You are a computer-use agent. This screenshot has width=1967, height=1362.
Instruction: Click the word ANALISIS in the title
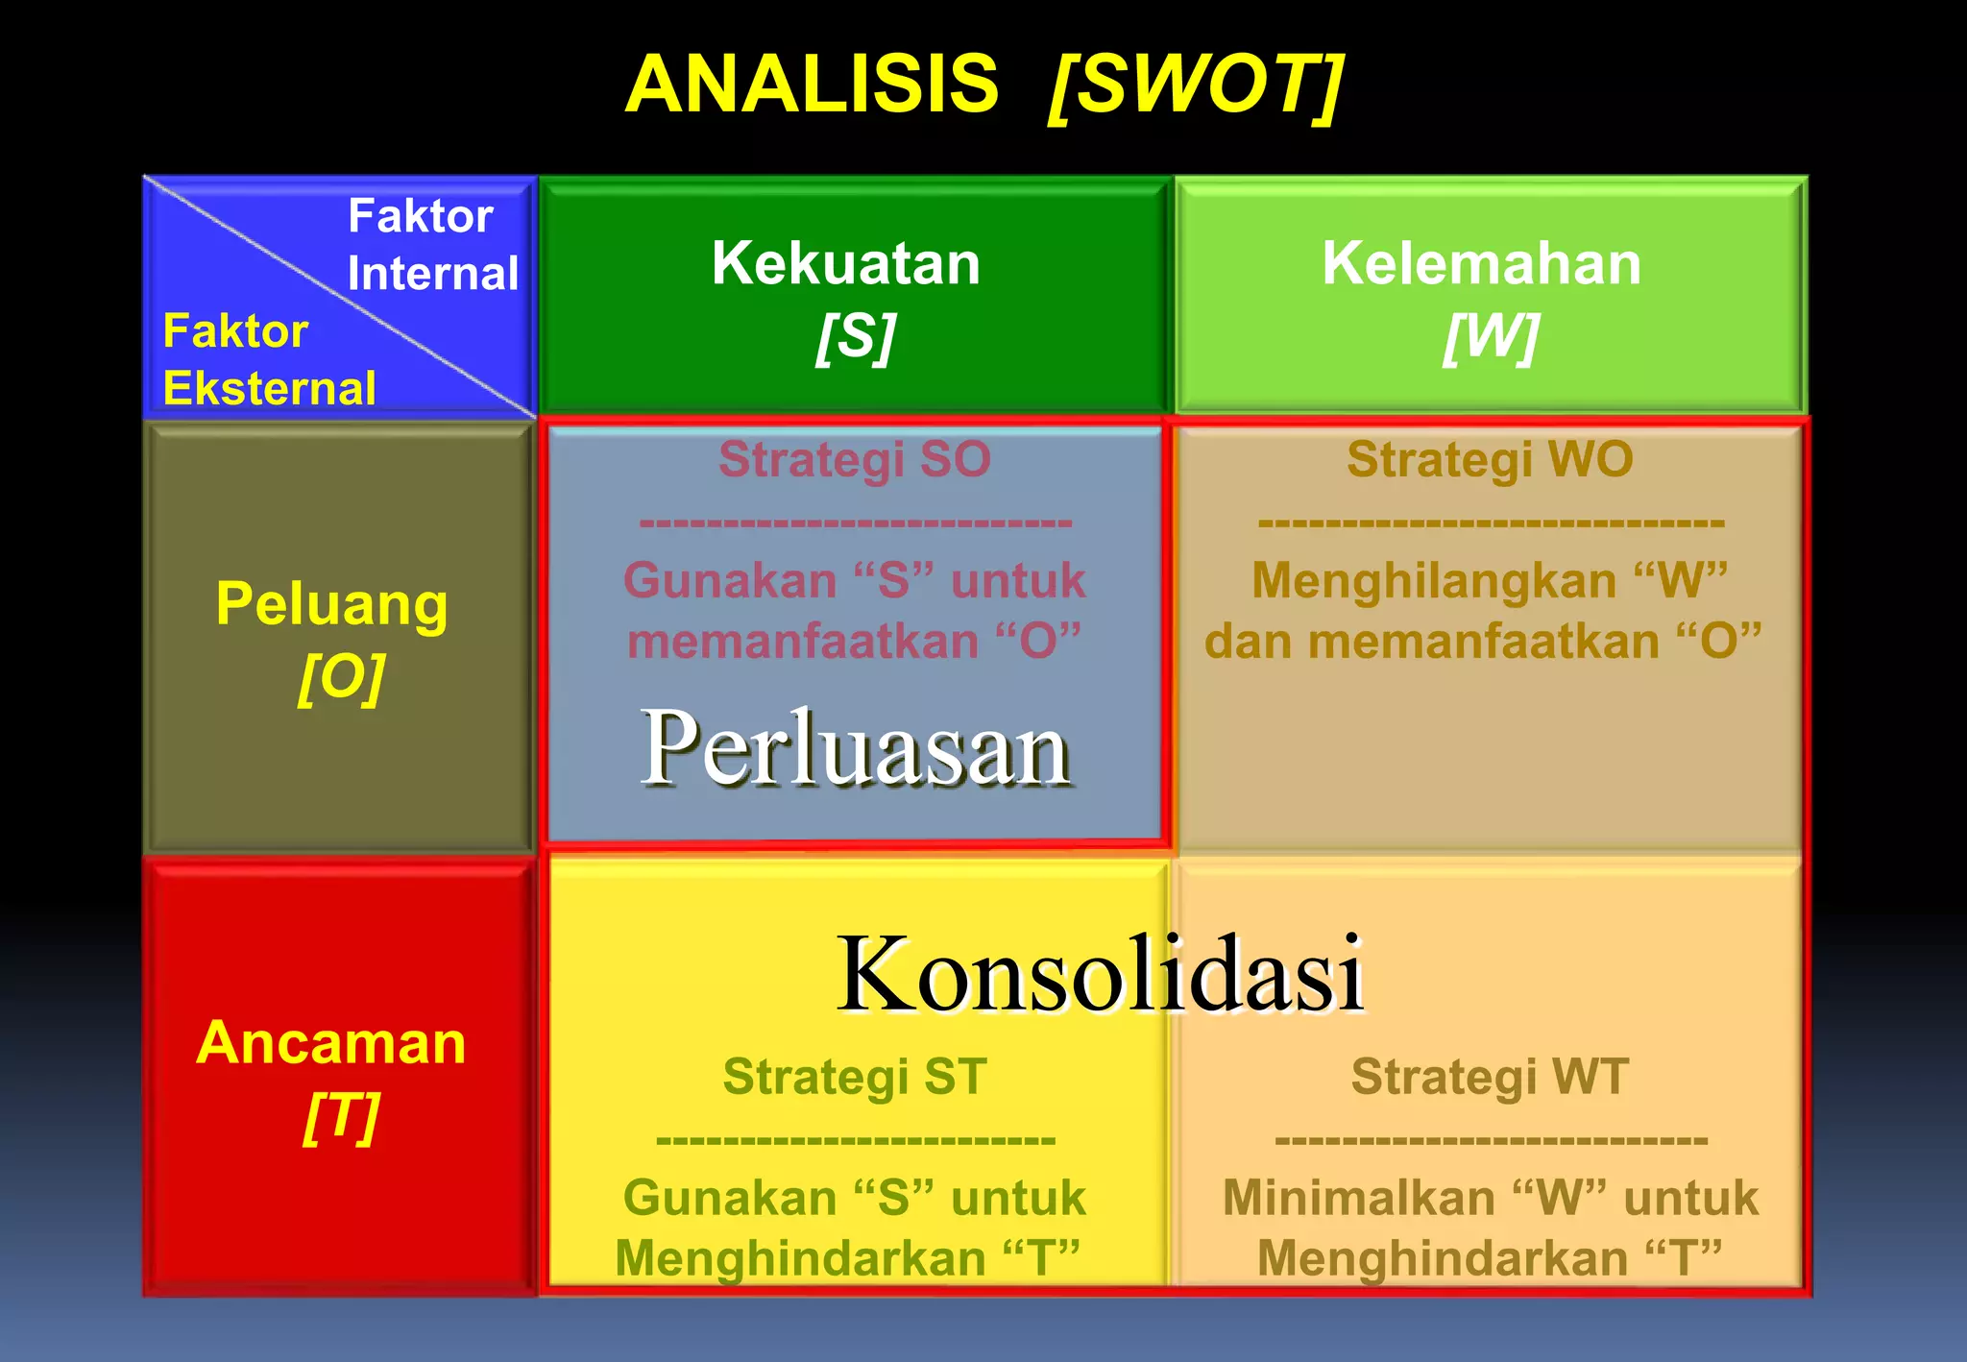pos(812,85)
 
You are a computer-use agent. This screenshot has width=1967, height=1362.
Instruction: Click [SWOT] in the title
pos(1196,86)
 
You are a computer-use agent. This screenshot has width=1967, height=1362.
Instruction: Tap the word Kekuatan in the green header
pos(846,263)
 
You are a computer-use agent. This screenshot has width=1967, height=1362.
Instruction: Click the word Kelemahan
pos(1481,263)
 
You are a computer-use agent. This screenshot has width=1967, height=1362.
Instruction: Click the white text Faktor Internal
pos(432,244)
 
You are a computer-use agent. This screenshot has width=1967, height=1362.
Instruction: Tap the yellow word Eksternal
pos(270,389)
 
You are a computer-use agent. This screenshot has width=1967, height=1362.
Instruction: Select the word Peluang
pos(331,605)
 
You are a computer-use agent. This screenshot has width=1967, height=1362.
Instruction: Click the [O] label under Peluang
pos(341,678)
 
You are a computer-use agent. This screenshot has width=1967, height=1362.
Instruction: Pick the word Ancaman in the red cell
pos(331,1043)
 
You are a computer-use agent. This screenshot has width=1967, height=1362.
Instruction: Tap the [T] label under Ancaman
pos(341,1117)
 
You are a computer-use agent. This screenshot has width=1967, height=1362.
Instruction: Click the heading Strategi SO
pos(854,459)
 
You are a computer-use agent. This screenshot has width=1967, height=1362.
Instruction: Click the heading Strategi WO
pos(1490,459)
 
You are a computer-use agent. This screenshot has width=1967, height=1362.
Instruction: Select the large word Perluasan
pos(855,749)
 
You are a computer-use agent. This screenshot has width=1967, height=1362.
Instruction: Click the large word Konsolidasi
pos(1101,974)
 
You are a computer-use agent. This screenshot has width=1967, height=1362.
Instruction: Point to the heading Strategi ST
pos(854,1076)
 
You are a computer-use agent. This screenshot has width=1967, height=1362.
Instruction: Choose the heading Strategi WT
pos(1490,1076)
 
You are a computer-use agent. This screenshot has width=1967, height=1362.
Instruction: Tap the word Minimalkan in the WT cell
pos(1358,1199)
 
